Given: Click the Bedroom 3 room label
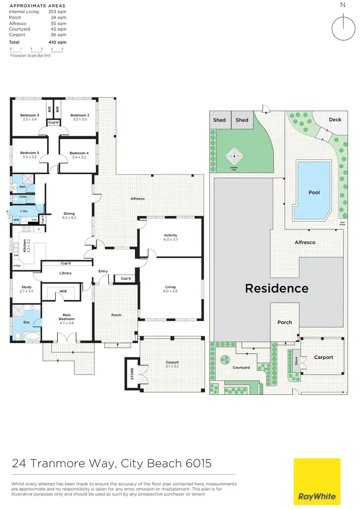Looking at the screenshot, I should click(29, 115).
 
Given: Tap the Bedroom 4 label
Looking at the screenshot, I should click(79, 153).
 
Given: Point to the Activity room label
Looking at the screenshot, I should click(170, 235).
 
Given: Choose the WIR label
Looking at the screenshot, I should click(63, 291).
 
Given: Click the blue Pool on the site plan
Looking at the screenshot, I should click(312, 190).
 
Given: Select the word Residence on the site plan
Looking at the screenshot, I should click(276, 288).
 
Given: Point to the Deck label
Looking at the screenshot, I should click(335, 119).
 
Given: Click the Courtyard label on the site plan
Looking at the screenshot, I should click(241, 367).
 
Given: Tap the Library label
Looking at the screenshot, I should click(65, 273).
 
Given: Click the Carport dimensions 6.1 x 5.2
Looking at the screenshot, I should click(172, 367).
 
